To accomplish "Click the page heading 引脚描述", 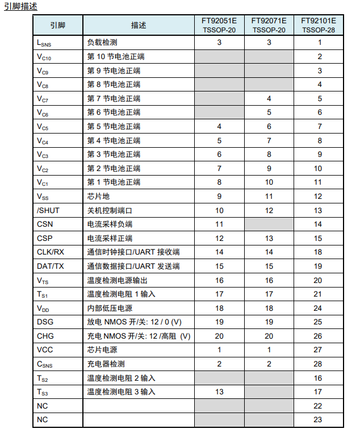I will (20, 6).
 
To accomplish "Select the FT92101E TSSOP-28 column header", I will (318, 25).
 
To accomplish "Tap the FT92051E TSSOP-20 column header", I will (219, 25).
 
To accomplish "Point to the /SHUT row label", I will (48, 210).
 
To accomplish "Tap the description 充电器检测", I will (106, 364).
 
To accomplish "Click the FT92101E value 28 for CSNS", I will (318, 364).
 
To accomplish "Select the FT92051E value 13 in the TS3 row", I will (219, 392).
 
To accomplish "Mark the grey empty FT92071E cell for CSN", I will (269, 224).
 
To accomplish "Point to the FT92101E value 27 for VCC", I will (318, 349).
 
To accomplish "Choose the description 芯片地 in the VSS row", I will (98, 196).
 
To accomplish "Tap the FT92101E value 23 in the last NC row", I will (318, 419).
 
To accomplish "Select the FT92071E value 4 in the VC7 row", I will (269, 98).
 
